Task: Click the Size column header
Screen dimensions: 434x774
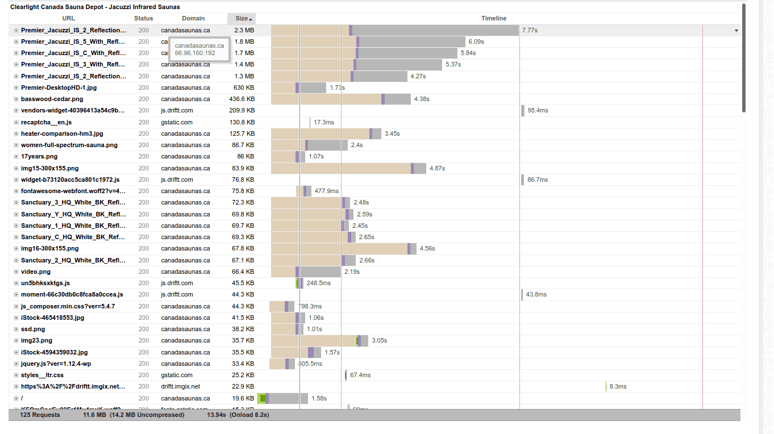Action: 242,19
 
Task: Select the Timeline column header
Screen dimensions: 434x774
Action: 493,19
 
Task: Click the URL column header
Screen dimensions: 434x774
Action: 68,19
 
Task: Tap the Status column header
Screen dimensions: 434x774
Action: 144,19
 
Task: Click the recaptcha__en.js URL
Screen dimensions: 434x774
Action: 46,122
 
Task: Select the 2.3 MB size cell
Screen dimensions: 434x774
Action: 244,30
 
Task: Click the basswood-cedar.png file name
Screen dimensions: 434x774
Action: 52,99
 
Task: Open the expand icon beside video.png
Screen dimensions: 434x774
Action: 16,272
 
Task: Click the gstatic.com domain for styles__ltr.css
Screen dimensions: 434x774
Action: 177,375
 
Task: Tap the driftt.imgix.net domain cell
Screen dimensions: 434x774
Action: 180,386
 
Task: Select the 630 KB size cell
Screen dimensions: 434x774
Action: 244,87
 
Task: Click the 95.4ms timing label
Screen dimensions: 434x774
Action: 538,110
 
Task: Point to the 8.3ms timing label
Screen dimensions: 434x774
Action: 618,386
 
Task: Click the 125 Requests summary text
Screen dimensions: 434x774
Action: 40,415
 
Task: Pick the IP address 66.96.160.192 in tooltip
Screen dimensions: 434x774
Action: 195,53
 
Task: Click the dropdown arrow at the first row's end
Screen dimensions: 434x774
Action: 736,31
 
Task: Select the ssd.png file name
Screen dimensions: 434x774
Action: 33,329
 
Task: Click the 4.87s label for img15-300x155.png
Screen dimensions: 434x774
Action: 437,168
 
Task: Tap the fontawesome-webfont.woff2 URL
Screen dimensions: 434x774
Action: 73,191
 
